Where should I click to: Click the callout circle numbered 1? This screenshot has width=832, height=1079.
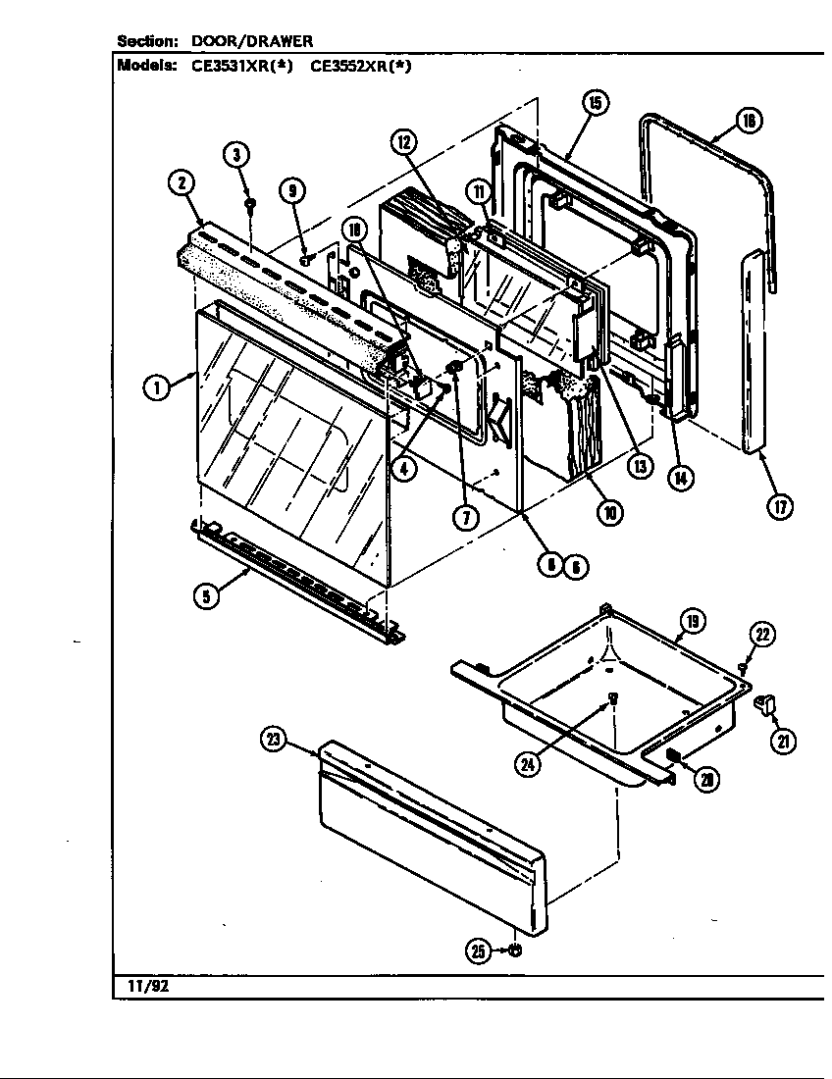click(x=156, y=387)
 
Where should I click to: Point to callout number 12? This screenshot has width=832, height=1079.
click(x=404, y=141)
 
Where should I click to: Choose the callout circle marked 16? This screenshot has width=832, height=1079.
click(x=749, y=121)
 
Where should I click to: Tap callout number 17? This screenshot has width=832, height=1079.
click(x=780, y=507)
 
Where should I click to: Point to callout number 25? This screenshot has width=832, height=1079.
click(x=478, y=951)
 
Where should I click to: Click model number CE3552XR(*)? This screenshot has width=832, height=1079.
click(x=360, y=68)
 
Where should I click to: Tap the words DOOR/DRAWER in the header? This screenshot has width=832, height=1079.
click(x=252, y=41)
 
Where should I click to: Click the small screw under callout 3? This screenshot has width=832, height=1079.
click(x=250, y=204)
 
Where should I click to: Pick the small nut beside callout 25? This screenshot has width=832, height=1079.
click(x=516, y=951)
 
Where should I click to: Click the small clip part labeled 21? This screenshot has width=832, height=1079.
click(x=766, y=703)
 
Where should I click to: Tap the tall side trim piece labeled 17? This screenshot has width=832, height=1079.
click(x=754, y=353)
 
